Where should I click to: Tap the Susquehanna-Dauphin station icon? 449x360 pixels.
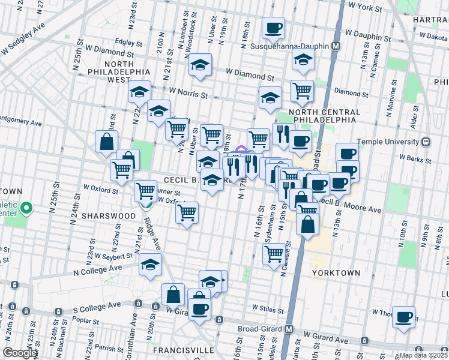[x=336, y=46]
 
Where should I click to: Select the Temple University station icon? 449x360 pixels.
[x=426, y=142]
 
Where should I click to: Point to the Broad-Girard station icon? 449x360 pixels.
[x=289, y=329]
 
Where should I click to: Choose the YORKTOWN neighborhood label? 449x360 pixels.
[x=336, y=272]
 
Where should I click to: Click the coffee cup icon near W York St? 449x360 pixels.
[x=274, y=27]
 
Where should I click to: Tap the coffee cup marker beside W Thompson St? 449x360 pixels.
[x=404, y=316]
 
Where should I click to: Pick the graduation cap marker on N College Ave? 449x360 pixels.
[x=149, y=265]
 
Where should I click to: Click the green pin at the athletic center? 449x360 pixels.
[x=26, y=209]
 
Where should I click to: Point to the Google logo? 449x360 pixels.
[x=20, y=353]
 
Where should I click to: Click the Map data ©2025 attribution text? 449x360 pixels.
[x=423, y=355]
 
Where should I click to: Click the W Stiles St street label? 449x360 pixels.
[x=267, y=308]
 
